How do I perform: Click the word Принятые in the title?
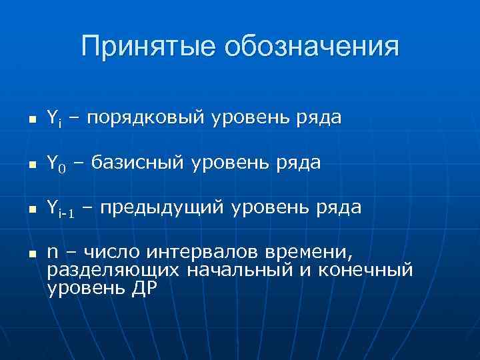click(x=148, y=47)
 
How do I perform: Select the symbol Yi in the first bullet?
click(x=55, y=119)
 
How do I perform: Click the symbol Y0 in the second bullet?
click(x=57, y=163)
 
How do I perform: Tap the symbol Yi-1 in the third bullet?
click(x=62, y=209)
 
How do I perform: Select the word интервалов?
click(x=205, y=253)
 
